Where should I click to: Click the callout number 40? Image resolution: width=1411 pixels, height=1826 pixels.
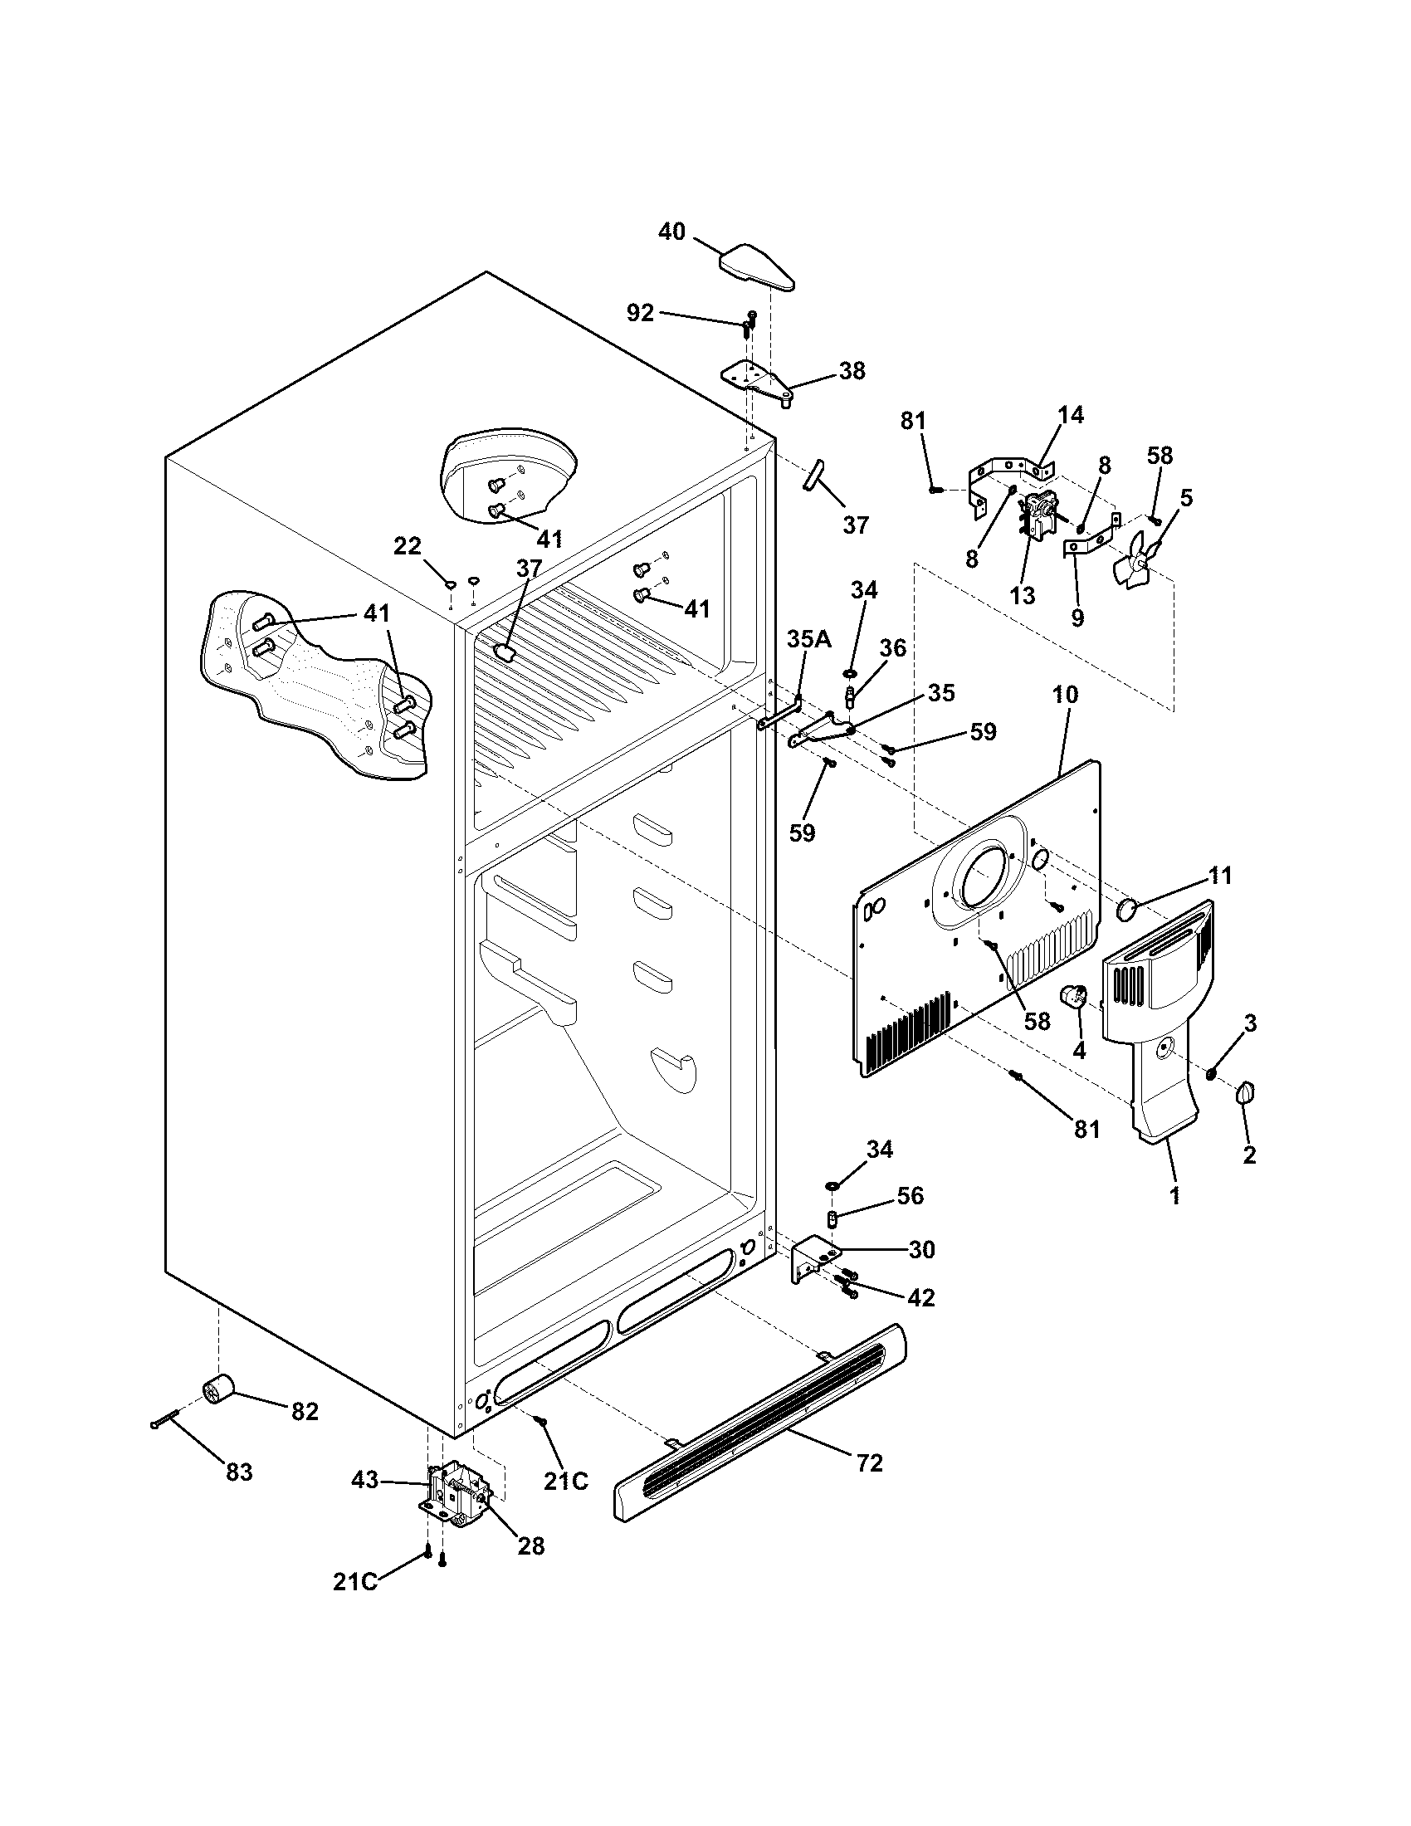(671, 232)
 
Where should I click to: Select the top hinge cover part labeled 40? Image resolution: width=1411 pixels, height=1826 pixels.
(756, 266)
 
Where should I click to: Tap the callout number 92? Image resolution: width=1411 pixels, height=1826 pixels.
(640, 313)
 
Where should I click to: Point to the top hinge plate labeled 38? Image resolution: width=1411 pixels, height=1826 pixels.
(754, 380)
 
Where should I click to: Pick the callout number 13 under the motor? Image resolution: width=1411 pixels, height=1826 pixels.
(1023, 595)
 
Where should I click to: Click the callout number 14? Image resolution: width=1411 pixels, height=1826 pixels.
(1071, 414)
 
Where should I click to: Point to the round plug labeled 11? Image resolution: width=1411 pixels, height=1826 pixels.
(1127, 910)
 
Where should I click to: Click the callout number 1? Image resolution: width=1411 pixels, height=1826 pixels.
(1174, 1196)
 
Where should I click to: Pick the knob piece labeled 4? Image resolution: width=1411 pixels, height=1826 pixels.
(1072, 997)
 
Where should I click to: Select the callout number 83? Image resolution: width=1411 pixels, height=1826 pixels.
(239, 1472)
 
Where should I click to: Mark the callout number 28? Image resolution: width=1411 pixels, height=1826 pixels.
(531, 1546)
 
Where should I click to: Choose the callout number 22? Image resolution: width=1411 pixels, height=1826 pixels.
(407, 547)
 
